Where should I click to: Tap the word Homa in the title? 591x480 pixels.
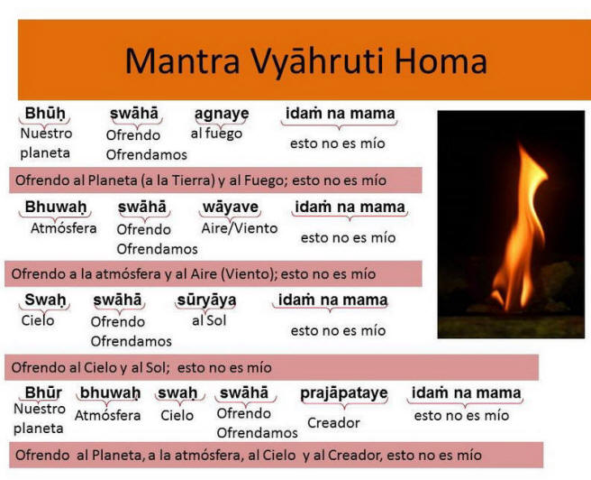441,60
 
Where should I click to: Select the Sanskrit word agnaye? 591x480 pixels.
222,114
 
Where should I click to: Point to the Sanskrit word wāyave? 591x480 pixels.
231,208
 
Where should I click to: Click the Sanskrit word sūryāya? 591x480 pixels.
206,300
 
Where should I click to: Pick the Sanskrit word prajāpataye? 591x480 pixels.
344,393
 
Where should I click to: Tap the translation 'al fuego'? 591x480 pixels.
216,134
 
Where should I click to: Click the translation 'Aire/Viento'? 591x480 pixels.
240,228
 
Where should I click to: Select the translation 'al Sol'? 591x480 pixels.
209,321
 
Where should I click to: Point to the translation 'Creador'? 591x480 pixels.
333,422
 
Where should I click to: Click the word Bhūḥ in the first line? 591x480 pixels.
45,113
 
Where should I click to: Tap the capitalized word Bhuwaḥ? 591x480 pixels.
56,207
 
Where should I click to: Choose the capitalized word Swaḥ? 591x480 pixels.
45,300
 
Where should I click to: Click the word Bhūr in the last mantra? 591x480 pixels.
43,392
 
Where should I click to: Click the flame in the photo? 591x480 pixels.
520,230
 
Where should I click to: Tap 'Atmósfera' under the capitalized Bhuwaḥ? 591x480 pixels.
64,228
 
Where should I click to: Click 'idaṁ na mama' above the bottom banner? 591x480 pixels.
467,393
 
